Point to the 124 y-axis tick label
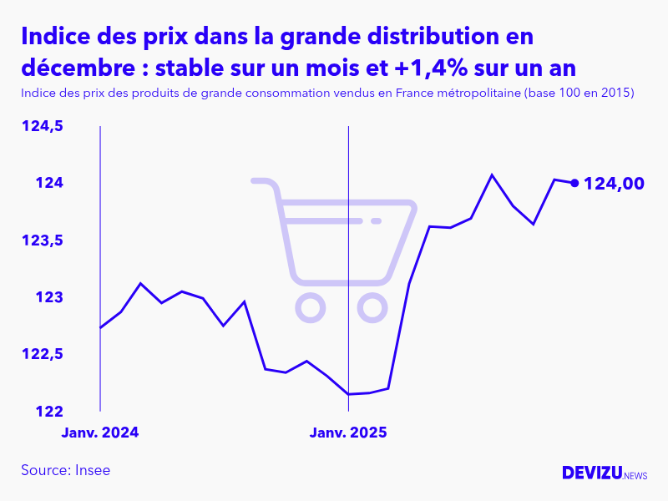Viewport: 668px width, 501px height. click(51, 183)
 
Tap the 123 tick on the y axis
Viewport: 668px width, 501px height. click(51, 297)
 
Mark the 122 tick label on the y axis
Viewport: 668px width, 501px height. click(51, 412)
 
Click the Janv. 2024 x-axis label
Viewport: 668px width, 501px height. click(100, 433)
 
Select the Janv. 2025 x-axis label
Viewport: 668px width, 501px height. click(348, 433)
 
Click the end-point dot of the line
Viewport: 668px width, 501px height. click(574, 183)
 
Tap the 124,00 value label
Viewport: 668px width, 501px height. click(614, 184)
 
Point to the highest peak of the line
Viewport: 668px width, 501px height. click(492, 175)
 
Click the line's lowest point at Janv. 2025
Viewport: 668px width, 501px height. click(348, 394)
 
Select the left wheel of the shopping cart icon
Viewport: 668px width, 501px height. click(310, 308)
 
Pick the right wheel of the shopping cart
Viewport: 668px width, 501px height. click(372, 308)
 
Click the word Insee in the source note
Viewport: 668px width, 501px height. click(93, 470)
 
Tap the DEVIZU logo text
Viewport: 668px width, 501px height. click(592, 473)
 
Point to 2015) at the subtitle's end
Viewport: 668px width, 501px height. click(616, 93)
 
